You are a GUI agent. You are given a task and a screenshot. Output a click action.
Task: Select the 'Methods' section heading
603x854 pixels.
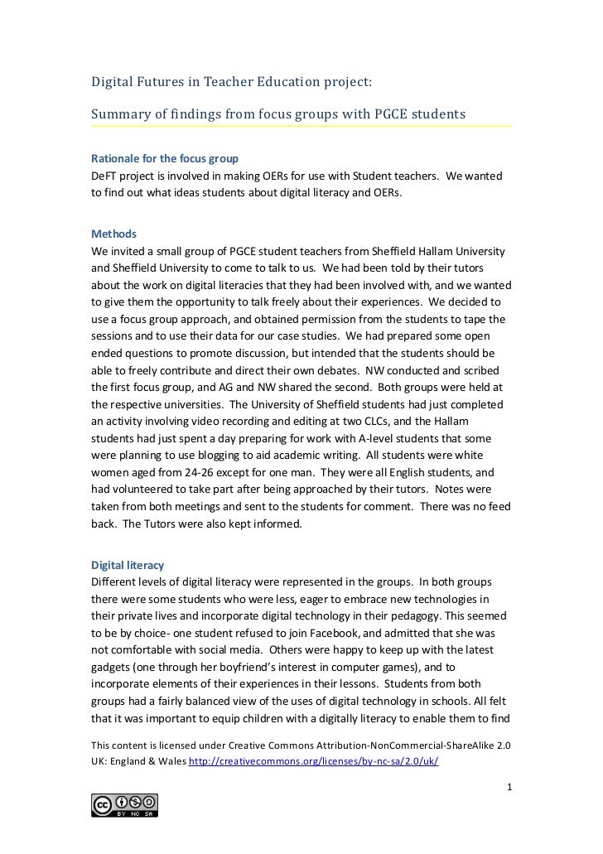tap(113, 234)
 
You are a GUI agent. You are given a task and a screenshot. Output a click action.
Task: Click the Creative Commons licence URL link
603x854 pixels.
tap(314, 763)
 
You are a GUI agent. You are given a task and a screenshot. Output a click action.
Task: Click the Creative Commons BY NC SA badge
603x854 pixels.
tap(125, 805)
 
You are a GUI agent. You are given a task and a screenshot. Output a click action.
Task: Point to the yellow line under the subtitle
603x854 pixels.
tap(301, 126)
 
